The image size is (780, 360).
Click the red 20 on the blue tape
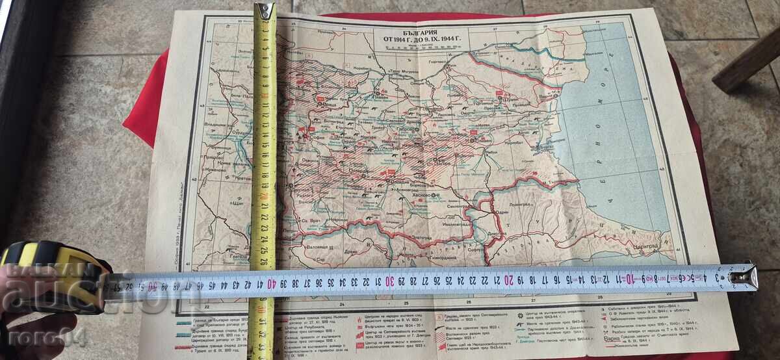[508, 279]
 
